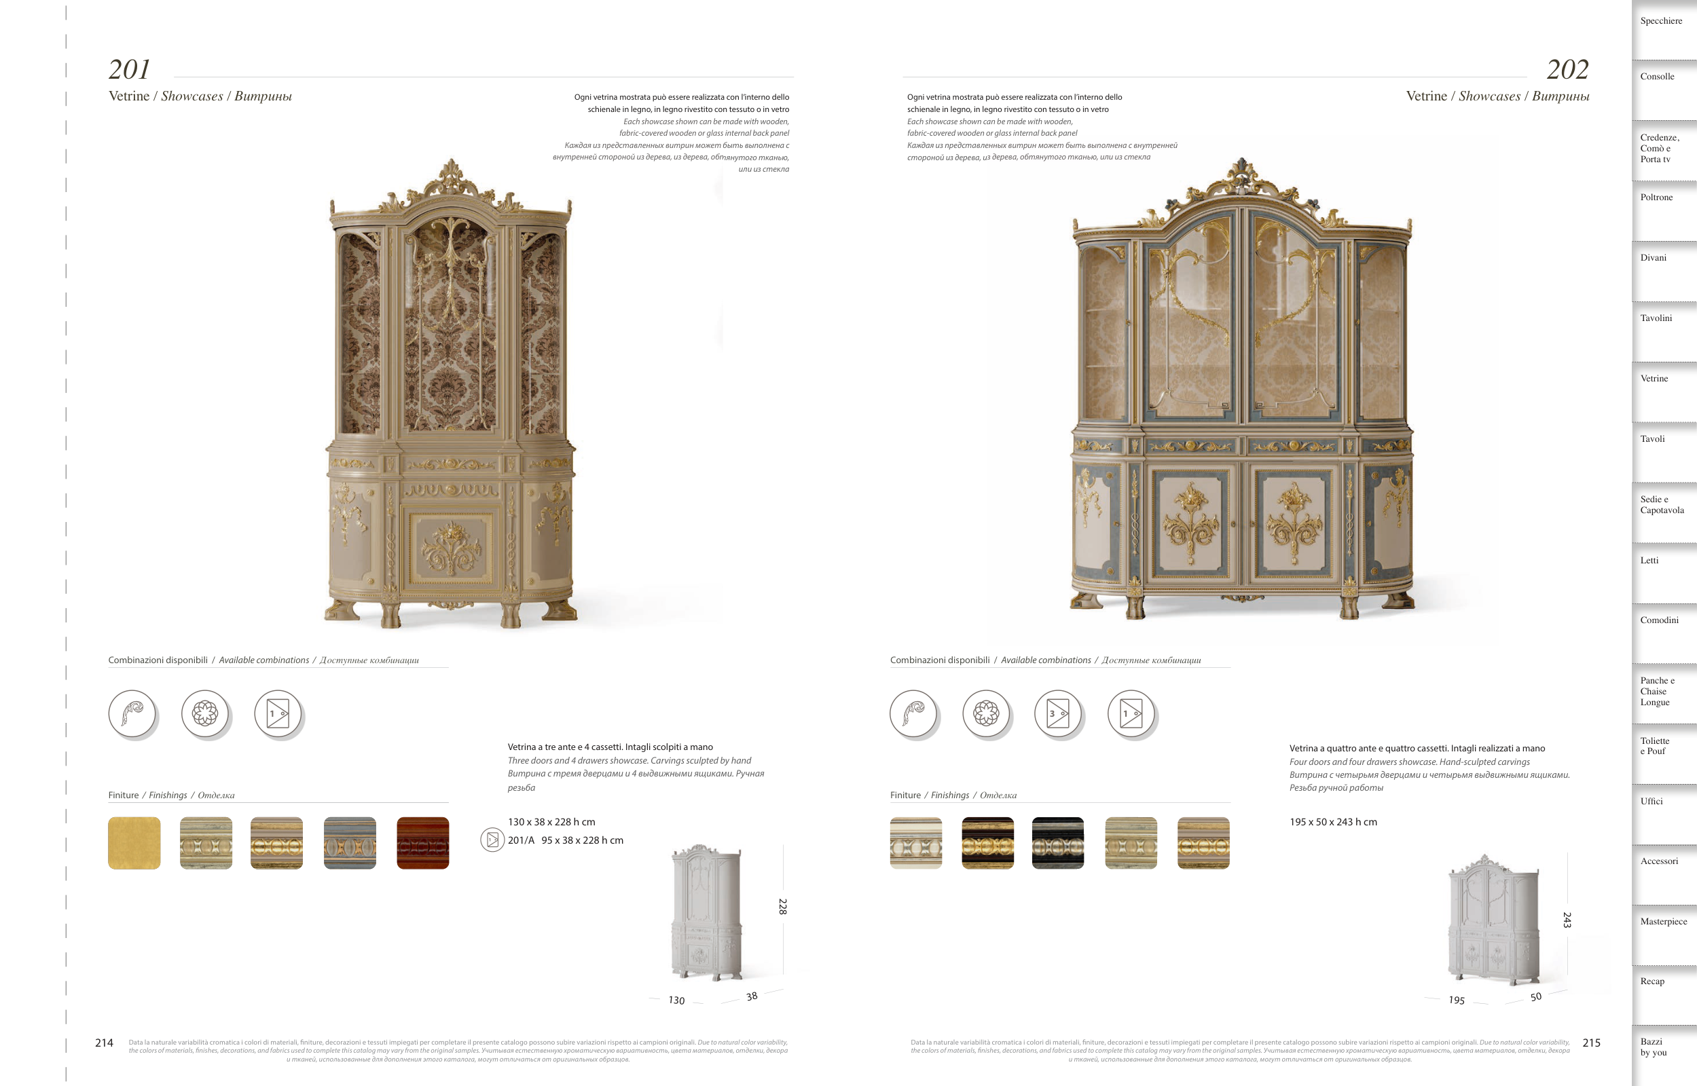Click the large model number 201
[129, 70]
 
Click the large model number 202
[1567, 70]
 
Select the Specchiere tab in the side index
[1661, 21]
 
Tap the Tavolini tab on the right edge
[1656, 319]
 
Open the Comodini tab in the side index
[1659, 620]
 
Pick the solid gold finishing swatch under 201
[134, 844]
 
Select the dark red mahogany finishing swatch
[422, 844]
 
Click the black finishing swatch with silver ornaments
[1058, 844]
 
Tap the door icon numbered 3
[1058, 713]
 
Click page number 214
[105, 1043]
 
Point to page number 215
[1591, 1043]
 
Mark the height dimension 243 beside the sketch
[1567, 920]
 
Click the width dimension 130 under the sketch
[676, 1000]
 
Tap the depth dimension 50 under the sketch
[1535, 996]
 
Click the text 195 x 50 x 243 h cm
[1333, 822]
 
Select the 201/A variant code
[522, 840]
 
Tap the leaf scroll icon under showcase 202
[913, 713]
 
